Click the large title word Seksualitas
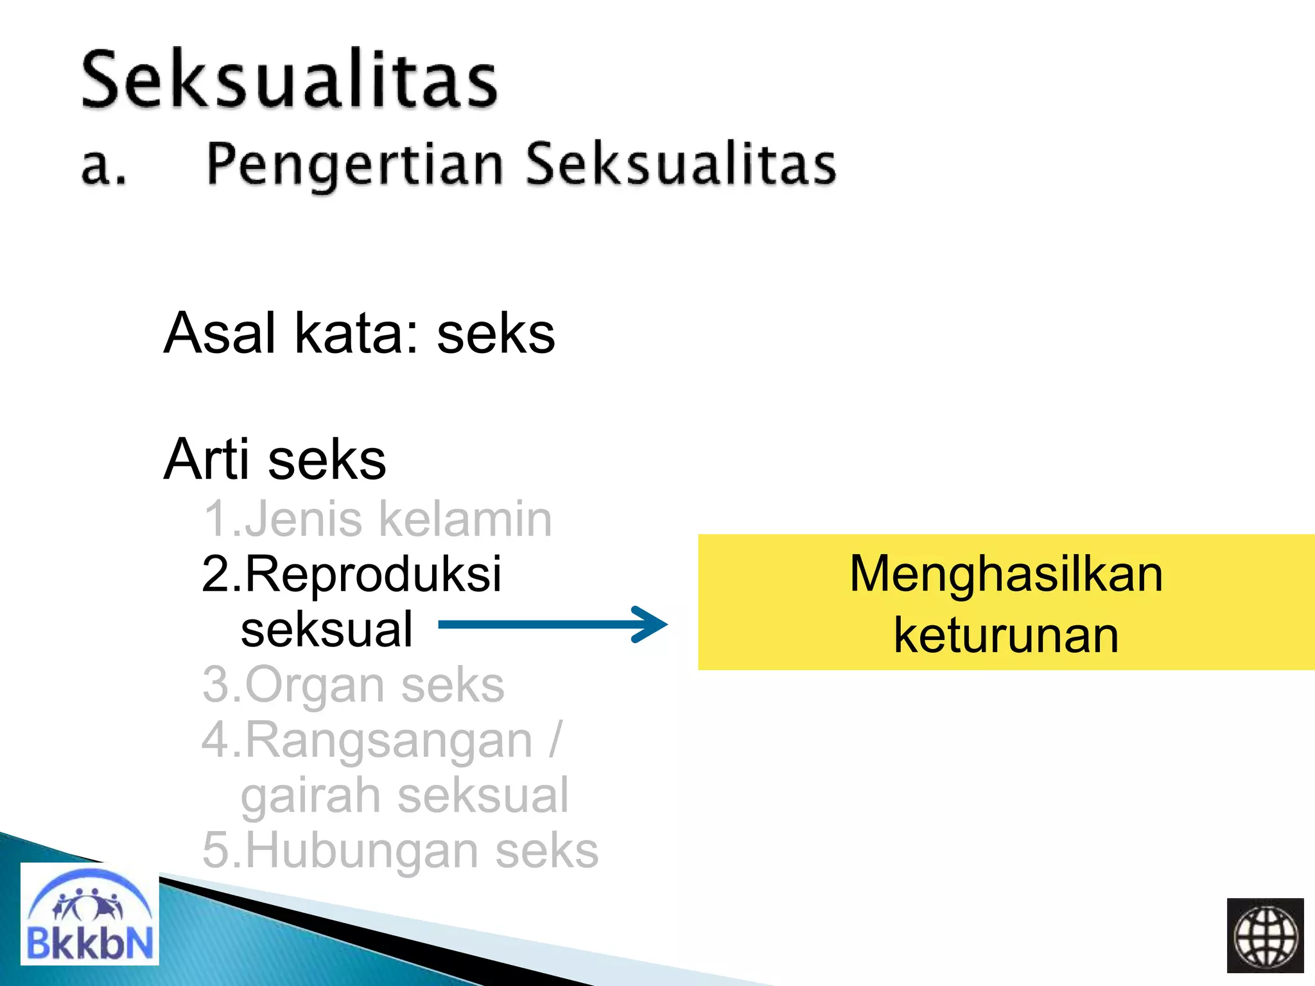click(x=289, y=80)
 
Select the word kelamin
click(x=465, y=519)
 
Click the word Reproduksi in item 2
click(x=372, y=574)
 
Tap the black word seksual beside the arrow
click(x=326, y=629)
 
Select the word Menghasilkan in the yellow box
click(x=1006, y=573)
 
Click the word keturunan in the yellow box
click(x=1006, y=635)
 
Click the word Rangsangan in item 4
click(x=388, y=741)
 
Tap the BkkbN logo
click(x=89, y=914)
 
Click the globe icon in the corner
click(x=1265, y=935)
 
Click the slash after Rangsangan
click(x=555, y=739)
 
